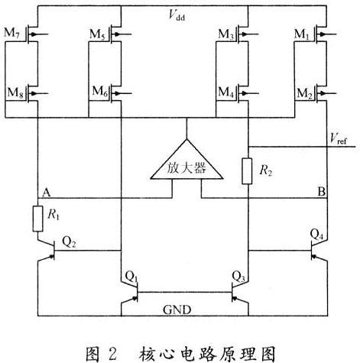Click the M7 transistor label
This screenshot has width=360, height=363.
point(11,34)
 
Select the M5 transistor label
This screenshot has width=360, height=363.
point(97,34)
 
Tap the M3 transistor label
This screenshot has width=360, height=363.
point(226,34)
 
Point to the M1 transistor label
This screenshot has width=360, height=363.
point(302,34)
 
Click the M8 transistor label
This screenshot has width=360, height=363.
point(15,92)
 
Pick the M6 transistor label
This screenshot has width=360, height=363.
point(100,92)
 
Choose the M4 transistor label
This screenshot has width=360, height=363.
point(226,92)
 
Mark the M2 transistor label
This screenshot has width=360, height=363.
point(305,93)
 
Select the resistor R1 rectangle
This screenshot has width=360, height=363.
point(37,219)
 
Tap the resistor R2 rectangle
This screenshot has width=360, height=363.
point(247,171)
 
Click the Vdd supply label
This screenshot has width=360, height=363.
point(177,15)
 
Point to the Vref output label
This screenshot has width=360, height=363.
point(338,139)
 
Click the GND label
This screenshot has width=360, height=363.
point(177,310)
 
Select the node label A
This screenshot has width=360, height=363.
point(46,193)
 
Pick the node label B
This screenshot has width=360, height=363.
point(322,191)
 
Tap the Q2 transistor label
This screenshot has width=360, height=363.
point(69,241)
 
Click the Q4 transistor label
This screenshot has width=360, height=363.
point(316,235)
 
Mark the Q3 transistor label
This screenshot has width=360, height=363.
point(238,277)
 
